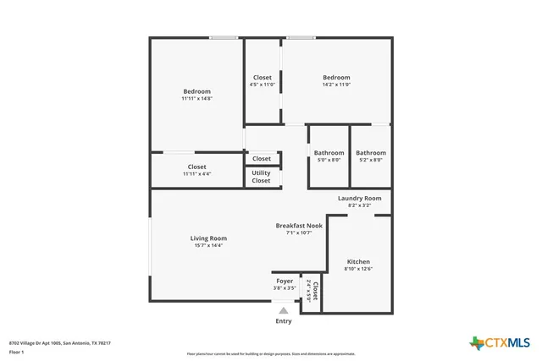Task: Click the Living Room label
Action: (x=208, y=238)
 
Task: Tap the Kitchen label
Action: (x=358, y=262)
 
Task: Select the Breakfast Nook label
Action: (x=299, y=226)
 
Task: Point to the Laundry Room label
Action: (x=359, y=199)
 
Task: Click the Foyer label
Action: (x=285, y=281)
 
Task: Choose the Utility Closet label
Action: (x=262, y=177)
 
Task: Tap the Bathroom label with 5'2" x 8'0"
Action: (x=371, y=153)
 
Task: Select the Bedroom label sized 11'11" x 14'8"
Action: (x=196, y=91)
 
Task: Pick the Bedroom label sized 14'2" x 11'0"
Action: (x=336, y=78)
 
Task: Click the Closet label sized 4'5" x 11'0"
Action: (x=263, y=78)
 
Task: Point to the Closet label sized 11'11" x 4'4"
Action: (x=196, y=167)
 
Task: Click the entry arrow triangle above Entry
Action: (x=284, y=310)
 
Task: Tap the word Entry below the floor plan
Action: (x=284, y=321)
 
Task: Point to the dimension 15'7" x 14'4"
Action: (x=208, y=245)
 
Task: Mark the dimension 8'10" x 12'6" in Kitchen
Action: (x=358, y=269)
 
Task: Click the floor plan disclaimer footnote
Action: (x=270, y=354)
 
